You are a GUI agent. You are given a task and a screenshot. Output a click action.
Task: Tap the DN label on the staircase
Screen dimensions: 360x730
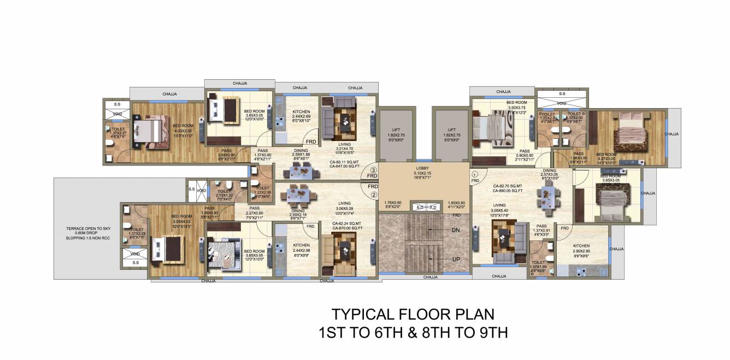click(455, 230)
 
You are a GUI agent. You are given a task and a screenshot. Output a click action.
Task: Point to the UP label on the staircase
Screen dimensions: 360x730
click(455, 259)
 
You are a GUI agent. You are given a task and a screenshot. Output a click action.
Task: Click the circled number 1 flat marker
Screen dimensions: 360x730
click(475, 174)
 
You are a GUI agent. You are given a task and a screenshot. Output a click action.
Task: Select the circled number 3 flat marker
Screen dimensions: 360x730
click(373, 169)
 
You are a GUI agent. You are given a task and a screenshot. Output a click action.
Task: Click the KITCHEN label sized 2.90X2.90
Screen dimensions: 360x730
click(581, 246)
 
